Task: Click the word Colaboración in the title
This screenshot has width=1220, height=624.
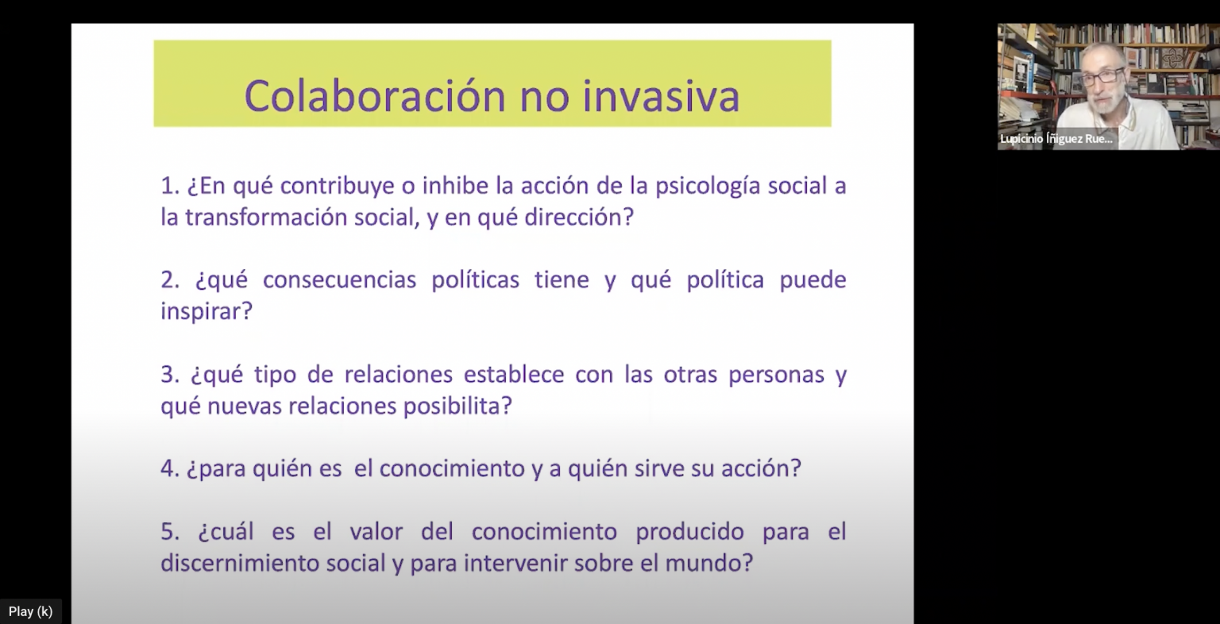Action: (x=376, y=95)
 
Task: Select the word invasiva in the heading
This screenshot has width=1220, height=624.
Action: (x=661, y=95)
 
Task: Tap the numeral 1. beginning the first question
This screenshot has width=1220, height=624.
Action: (x=170, y=187)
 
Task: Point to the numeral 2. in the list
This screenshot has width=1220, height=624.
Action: (x=170, y=280)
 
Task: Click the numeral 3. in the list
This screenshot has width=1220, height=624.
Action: (x=170, y=375)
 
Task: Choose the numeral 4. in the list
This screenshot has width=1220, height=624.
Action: (x=170, y=468)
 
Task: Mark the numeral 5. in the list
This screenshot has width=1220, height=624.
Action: (x=170, y=531)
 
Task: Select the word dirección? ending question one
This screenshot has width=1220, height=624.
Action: (x=580, y=218)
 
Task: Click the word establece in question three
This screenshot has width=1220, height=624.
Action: (x=514, y=375)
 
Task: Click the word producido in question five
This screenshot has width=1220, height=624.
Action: (x=689, y=532)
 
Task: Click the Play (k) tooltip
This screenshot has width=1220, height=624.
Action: (x=30, y=611)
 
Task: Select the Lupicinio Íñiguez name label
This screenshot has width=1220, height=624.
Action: (x=1056, y=139)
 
